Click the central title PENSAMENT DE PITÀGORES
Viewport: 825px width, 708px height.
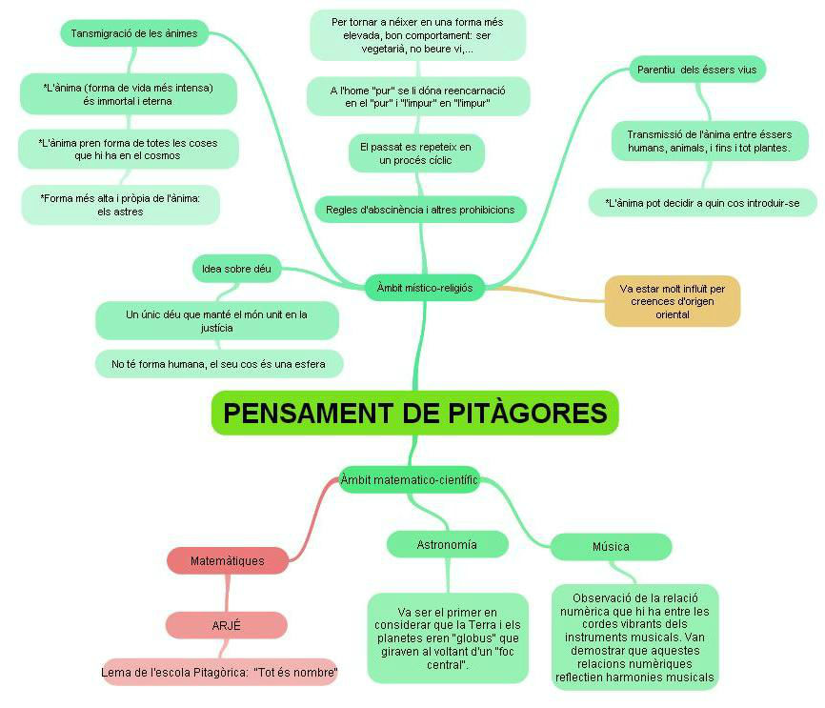pyautogui.click(x=414, y=413)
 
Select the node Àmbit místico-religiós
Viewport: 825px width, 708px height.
pyautogui.click(x=424, y=287)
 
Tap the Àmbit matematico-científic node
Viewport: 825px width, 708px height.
pyautogui.click(x=409, y=480)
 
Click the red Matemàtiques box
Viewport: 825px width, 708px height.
pyautogui.click(x=227, y=561)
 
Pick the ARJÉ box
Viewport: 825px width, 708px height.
pyautogui.click(x=226, y=625)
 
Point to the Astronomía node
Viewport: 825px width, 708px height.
pyautogui.click(x=447, y=545)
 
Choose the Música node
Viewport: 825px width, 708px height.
pyautogui.click(x=611, y=547)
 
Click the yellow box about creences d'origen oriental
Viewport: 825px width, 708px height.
pyautogui.click(x=672, y=301)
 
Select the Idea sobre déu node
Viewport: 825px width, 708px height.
pyautogui.click(x=236, y=270)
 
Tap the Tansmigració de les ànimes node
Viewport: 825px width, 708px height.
pyautogui.click(x=134, y=33)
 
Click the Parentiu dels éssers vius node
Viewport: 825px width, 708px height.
pyautogui.click(x=697, y=70)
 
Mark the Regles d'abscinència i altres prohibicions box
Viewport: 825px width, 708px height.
pyautogui.click(x=419, y=210)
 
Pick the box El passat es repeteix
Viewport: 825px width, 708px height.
pyautogui.click(x=415, y=153)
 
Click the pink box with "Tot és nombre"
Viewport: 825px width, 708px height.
pyautogui.click(x=219, y=673)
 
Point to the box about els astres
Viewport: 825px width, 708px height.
pyautogui.click(x=120, y=205)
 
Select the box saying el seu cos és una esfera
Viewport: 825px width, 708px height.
pyautogui.click(x=218, y=364)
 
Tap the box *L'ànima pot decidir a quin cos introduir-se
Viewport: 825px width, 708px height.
pyautogui.click(x=702, y=203)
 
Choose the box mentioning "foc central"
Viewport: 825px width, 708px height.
pyautogui.click(x=448, y=637)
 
